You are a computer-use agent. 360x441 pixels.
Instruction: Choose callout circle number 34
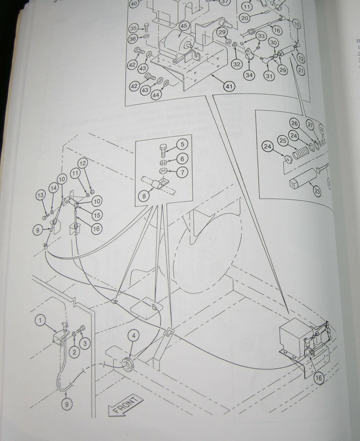pos(249,75)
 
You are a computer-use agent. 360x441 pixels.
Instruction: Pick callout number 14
pos(54,187)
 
